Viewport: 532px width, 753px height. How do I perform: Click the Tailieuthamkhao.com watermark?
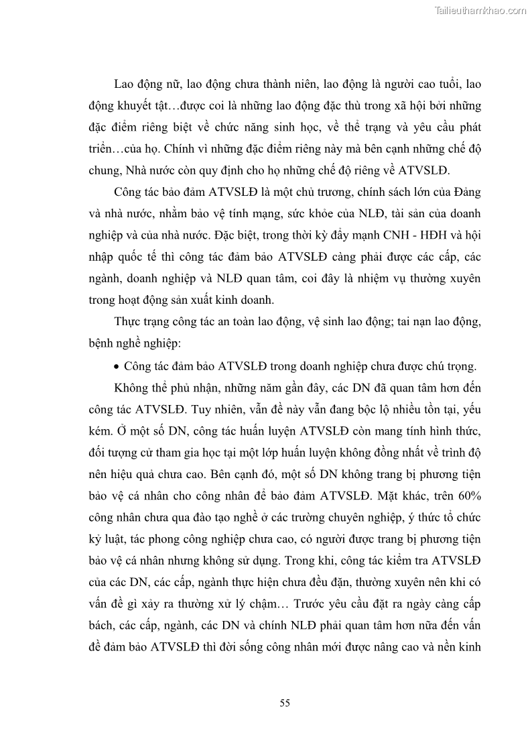[x=480, y=9]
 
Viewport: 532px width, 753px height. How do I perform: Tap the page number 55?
[x=284, y=703]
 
